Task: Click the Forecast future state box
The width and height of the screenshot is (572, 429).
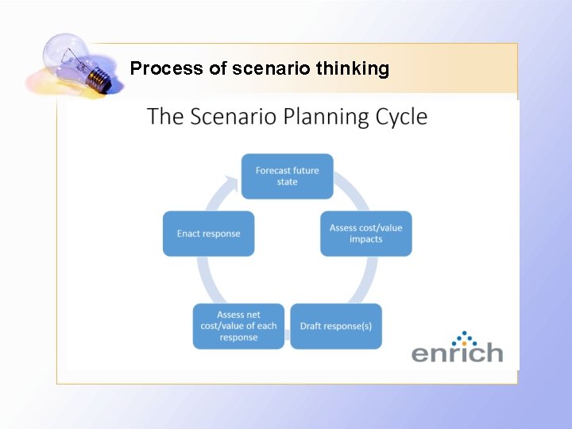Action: tap(287, 176)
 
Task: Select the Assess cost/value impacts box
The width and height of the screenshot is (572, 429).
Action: tap(365, 234)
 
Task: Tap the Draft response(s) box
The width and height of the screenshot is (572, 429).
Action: tap(335, 327)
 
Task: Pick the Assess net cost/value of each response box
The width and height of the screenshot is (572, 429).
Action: tap(238, 327)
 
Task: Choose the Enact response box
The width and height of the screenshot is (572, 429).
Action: tap(208, 234)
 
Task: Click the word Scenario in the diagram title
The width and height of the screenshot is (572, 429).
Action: tap(237, 117)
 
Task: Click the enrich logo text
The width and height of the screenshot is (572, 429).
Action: tap(457, 352)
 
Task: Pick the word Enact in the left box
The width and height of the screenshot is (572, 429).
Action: tap(189, 234)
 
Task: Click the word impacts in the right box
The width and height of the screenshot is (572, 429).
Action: tap(365, 239)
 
